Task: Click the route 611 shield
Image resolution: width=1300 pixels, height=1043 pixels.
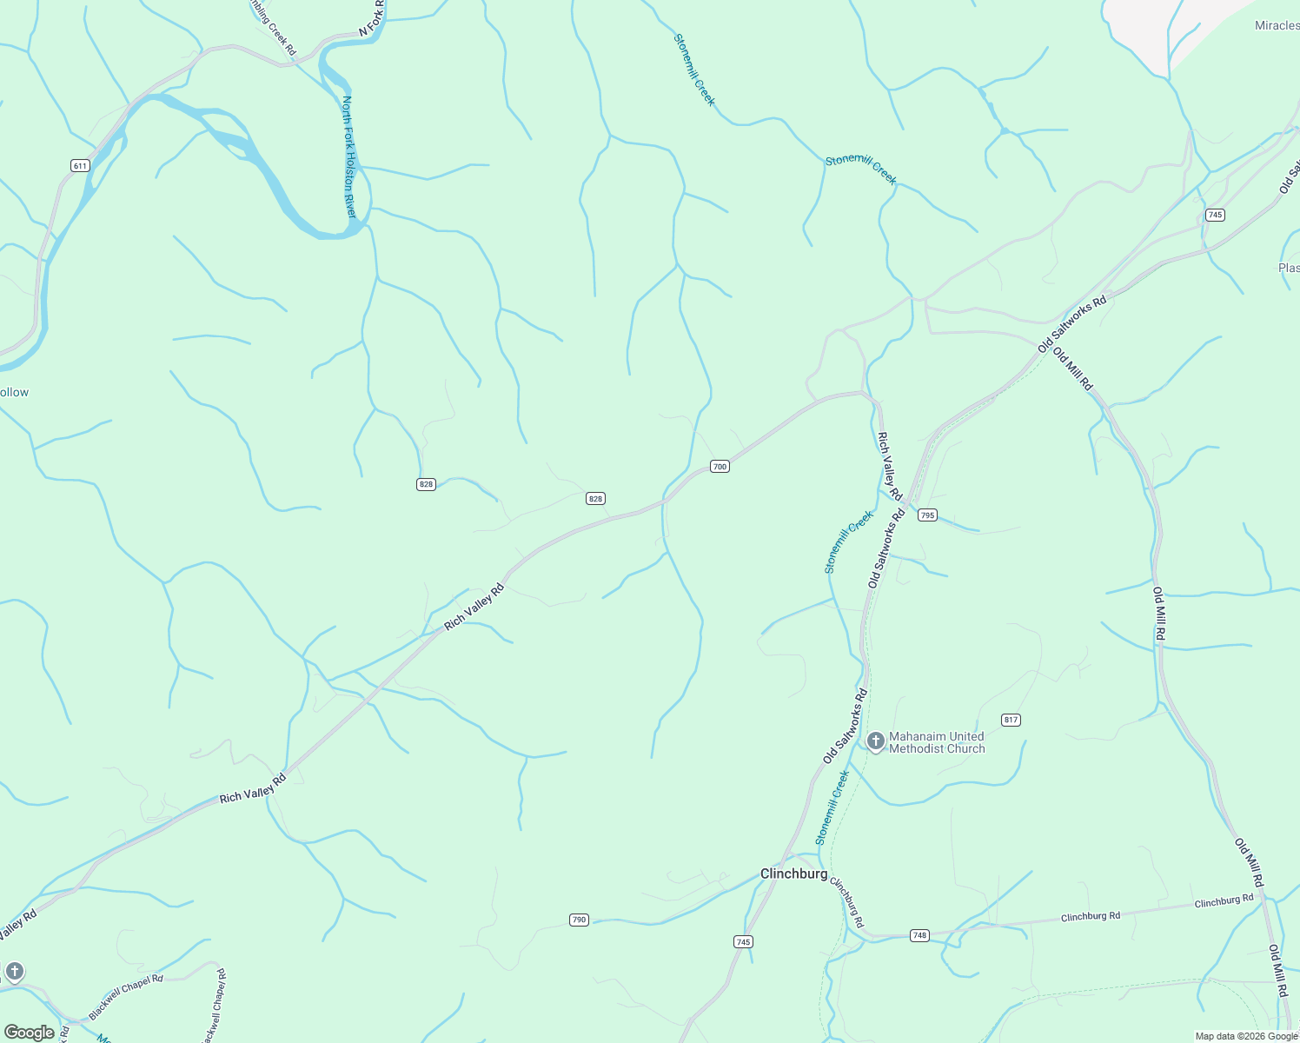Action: coord(80,165)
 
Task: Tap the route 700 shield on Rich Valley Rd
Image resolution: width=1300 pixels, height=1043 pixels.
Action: coord(720,467)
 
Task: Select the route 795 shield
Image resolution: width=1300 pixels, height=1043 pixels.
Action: coord(927,515)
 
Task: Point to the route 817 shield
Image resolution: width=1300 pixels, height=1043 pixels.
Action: coord(1011,720)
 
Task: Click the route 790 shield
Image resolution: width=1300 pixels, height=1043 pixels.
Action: coord(580,920)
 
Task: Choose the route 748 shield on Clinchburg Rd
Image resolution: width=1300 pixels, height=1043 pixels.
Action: coord(919,935)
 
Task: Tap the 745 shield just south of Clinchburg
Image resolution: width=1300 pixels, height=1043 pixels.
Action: coord(743,941)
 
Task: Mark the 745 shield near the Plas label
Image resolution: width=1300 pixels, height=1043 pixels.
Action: coord(1215,215)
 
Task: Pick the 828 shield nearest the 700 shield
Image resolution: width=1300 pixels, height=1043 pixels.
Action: coord(595,498)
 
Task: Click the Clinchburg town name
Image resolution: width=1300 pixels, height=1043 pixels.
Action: coord(793,874)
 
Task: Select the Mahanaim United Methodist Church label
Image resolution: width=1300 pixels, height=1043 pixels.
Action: coord(937,742)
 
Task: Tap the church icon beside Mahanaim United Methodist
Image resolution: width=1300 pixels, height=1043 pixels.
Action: coord(876,741)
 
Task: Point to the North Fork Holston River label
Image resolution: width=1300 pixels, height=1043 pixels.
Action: coord(349,156)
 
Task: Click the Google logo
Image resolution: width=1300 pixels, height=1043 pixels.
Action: coord(30,1033)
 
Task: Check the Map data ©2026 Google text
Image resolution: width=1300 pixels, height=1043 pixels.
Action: coord(1246,1036)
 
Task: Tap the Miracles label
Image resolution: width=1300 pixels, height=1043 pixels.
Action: coord(1277,25)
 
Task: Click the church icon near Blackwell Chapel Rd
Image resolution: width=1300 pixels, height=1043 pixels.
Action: coord(15,971)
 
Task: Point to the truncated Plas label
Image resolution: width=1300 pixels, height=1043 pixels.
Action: coord(1289,268)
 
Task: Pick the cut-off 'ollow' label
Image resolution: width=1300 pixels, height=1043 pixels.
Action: coord(14,392)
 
